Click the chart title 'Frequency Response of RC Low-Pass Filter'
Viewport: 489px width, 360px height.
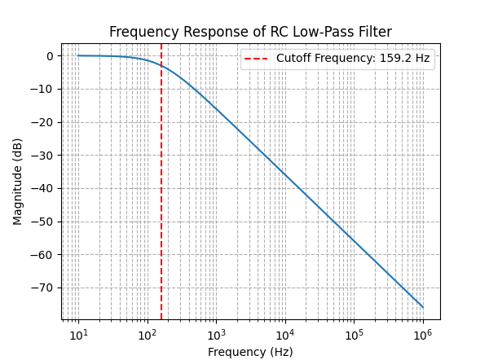(250, 33)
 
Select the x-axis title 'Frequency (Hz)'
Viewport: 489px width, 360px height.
(250, 352)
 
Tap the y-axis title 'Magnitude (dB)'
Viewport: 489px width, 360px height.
(18, 182)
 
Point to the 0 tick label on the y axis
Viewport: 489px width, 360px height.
(50, 56)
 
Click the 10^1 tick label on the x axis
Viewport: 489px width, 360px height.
(78, 335)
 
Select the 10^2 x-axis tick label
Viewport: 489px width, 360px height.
(148, 335)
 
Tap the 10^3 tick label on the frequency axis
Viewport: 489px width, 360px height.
(216, 335)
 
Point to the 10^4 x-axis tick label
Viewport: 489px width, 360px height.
(285, 335)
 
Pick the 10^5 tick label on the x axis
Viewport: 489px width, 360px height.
(354, 335)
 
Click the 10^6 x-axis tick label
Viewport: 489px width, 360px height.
(423, 335)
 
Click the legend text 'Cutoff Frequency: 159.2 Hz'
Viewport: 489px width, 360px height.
(353, 59)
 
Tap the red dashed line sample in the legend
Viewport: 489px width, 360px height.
(258, 59)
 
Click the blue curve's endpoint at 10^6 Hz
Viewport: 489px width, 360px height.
(423, 307)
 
